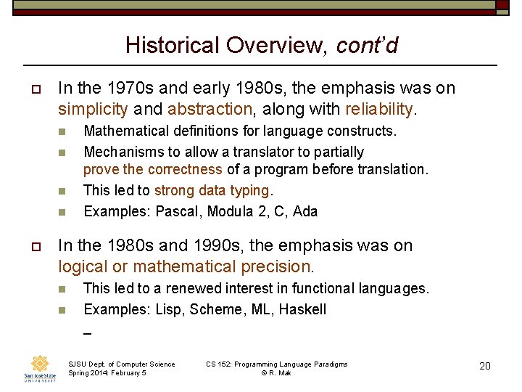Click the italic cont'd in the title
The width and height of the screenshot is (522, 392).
click(x=367, y=46)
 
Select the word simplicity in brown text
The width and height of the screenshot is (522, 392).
click(x=93, y=109)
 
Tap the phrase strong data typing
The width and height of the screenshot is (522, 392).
click(x=211, y=191)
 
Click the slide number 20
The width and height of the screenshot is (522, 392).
click(x=485, y=366)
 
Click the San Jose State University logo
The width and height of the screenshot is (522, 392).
click(x=39, y=369)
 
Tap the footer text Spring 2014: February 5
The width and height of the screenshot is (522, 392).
click(x=107, y=373)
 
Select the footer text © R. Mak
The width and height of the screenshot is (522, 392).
click(x=277, y=373)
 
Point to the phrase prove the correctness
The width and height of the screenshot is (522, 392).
click(x=152, y=170)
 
